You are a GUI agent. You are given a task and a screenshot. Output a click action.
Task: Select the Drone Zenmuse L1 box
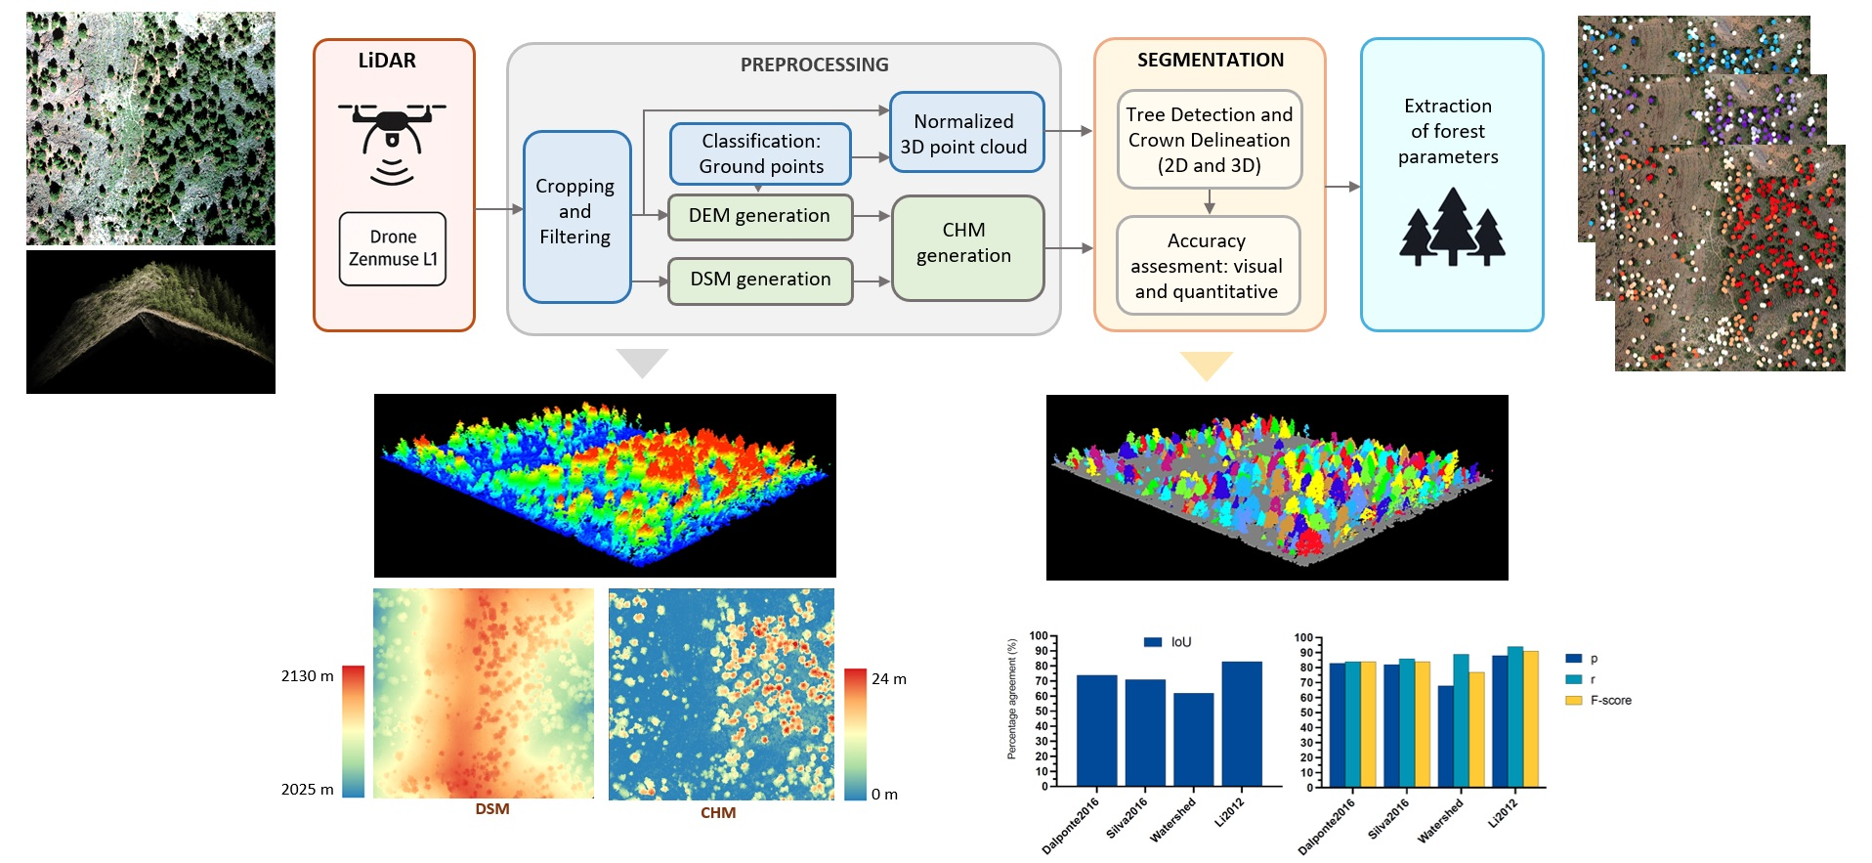click(393, 248)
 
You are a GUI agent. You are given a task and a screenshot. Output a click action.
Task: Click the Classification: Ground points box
click(760, 153)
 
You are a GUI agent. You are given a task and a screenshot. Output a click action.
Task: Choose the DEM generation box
click(759, 216)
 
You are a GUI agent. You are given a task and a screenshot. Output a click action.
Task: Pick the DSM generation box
click(759, 280)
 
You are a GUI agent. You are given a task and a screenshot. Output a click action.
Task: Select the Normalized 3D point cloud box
click(966, 133)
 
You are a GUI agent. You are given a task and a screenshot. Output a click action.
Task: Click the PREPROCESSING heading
click(814, 65)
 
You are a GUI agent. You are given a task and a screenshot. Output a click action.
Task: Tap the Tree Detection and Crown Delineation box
click(1209, 140)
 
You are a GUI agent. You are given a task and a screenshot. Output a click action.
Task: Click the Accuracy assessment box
click(1208, 266)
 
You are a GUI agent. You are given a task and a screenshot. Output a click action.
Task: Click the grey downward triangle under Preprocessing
click(642, 362)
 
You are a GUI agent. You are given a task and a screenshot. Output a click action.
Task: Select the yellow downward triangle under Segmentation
click(1207, 366)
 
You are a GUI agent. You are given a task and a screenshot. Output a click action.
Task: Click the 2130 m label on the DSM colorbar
click(307, 676)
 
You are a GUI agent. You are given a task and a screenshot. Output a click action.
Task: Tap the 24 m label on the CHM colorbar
click(888, 679)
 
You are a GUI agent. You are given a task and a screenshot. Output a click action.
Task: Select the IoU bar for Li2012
click(1242, 723)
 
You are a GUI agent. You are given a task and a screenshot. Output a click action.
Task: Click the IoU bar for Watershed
click(1193, 739)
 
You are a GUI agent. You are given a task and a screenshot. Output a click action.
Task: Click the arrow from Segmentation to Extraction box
click(1342, 187)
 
